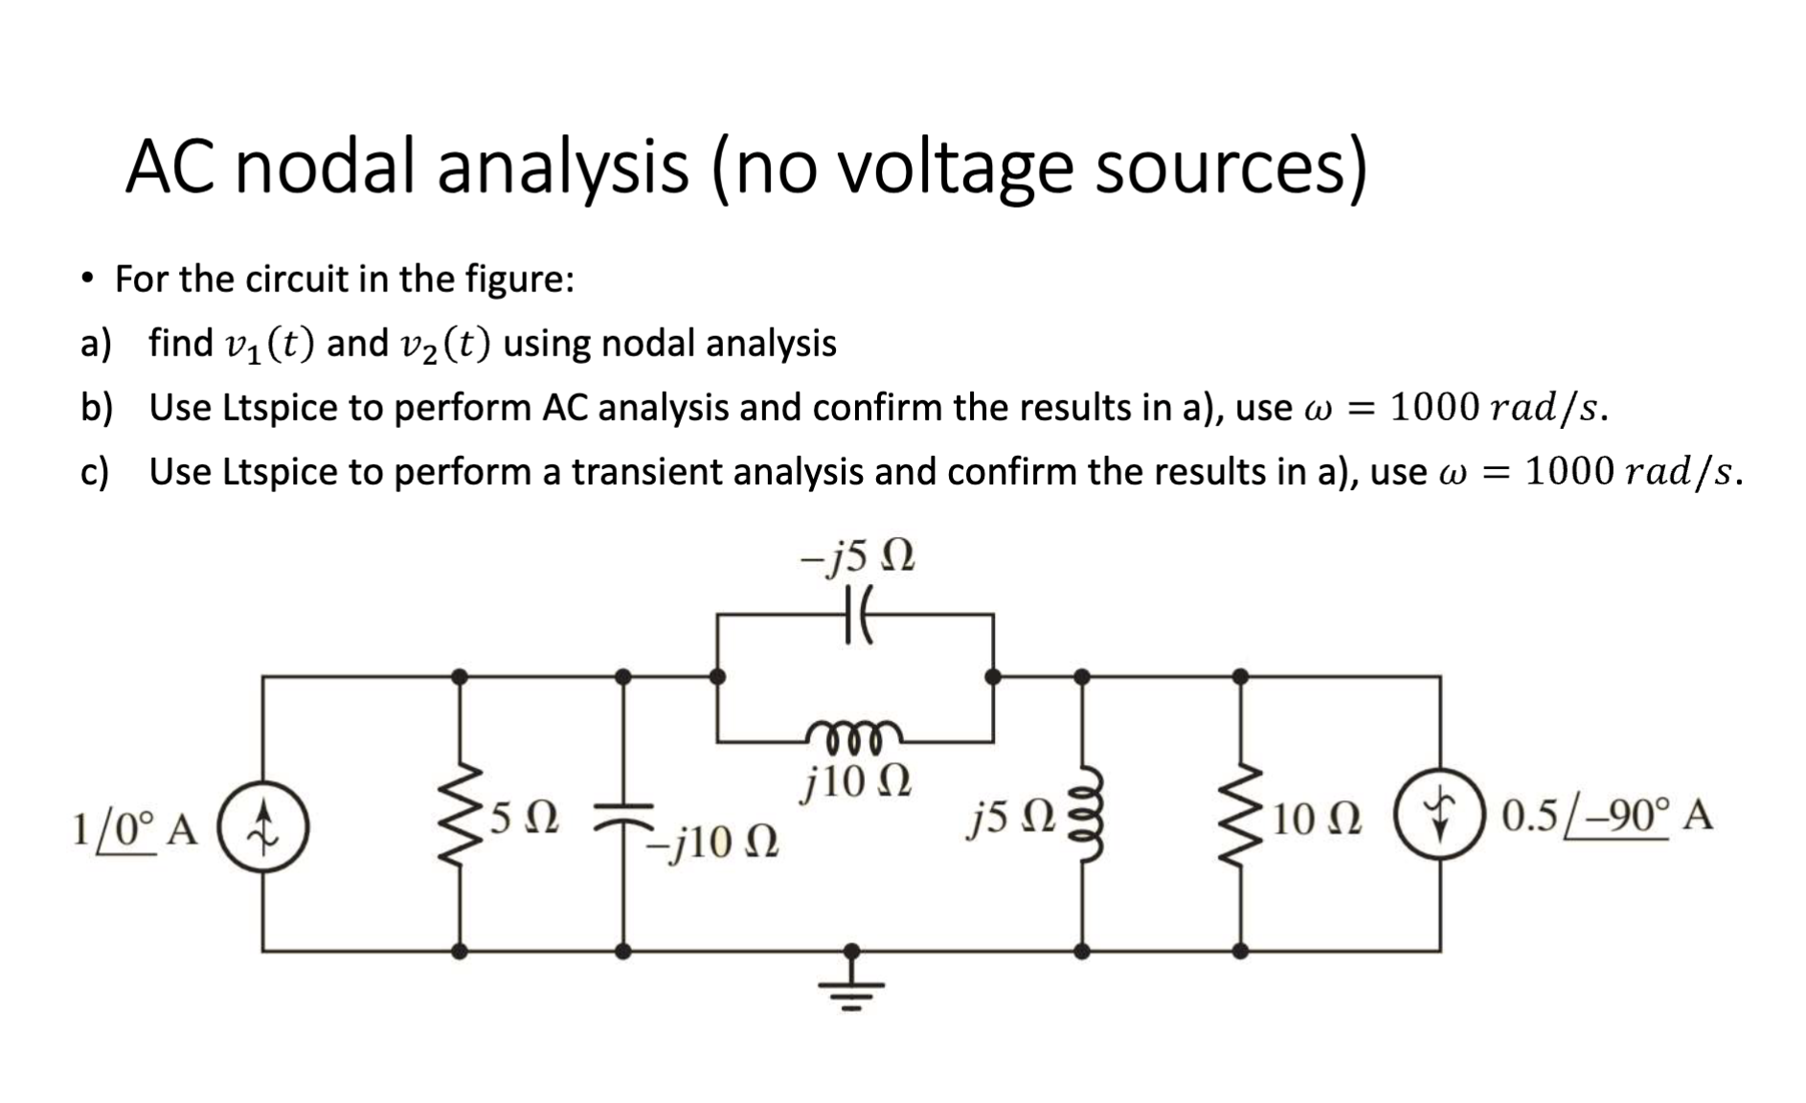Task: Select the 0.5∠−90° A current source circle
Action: point(1439,814)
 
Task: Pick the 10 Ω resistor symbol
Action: point(1241,814)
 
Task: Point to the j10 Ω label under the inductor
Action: point(855,782)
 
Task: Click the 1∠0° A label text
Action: point(134,829)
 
